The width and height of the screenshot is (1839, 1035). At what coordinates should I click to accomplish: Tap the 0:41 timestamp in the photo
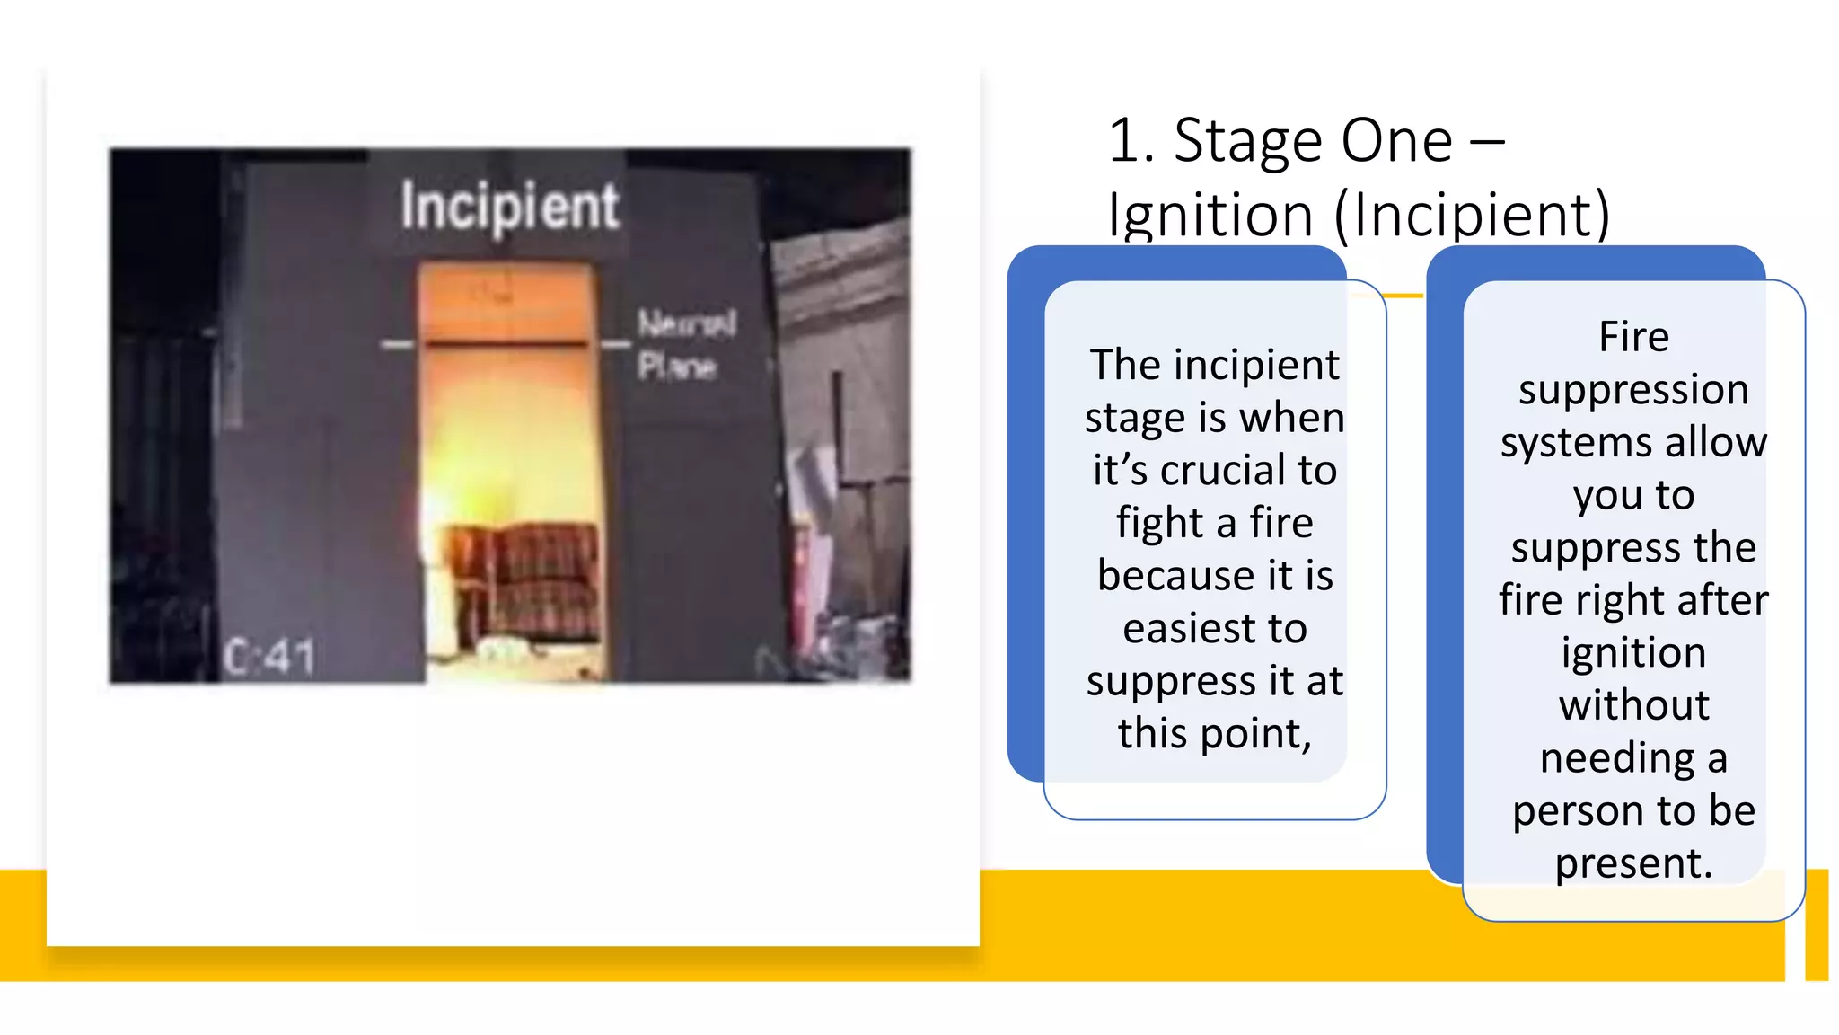[269, 657]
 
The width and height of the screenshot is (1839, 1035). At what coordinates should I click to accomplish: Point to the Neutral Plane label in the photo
[686, 345]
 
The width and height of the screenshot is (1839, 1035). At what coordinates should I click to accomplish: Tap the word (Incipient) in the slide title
[1473, 216]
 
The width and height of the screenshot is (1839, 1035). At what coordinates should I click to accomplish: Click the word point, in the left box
[1256, 734]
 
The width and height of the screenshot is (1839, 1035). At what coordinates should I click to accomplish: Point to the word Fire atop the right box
[1633, 337]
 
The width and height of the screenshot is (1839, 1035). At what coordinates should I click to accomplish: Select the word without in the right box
[1633, 705]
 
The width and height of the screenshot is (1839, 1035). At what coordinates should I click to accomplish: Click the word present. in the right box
[1633, 863]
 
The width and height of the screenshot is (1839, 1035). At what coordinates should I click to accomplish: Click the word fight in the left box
[1158, 523]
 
